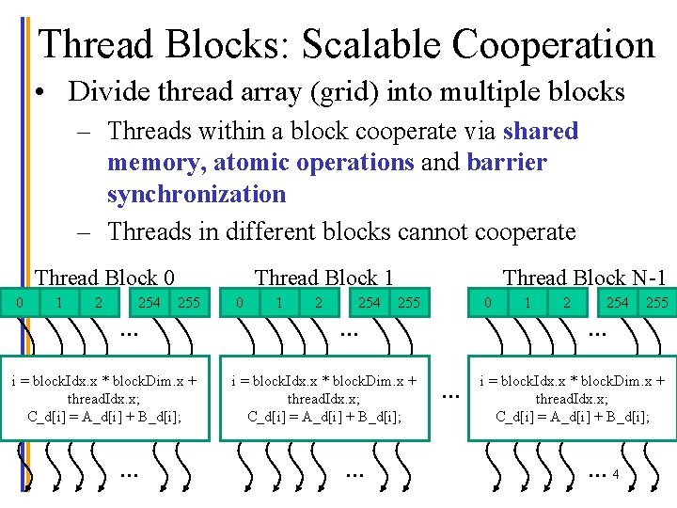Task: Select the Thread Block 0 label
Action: click(x=104, y=278)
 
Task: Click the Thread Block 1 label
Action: click(x=323, y=278)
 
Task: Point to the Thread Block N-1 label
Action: click(x=584, y=278)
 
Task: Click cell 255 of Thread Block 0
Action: click(x=188, y=303)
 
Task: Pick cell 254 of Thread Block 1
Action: click(x=369, y=303)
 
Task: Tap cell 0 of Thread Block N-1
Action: click(x=486, y=303)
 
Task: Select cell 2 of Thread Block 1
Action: click(x=319, y=303)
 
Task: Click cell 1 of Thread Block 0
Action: click(x=59, y=303)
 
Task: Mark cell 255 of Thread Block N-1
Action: click(x=655, y=303)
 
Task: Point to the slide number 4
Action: click(x=615, y=475)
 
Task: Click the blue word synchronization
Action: click(x=196, y=195)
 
